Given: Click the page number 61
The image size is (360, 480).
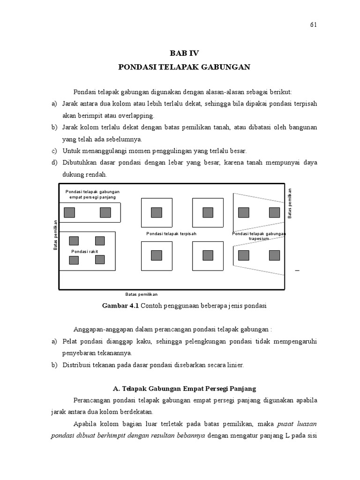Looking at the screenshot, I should tap(314, 25).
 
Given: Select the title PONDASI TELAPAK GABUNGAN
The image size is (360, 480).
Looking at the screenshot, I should tap(184, 67).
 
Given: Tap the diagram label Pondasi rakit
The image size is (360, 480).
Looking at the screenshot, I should tap(84, 252).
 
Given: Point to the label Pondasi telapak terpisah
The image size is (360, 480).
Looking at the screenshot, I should tap(171, 233).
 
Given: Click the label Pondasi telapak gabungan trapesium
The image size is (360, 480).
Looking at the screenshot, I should tap(259, 236).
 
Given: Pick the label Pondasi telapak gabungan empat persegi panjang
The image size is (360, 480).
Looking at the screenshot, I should tap(92, 194).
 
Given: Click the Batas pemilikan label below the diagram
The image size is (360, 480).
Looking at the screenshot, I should tap(141, 294).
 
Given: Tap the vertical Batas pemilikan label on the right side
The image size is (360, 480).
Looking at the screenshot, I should tap(290, 203).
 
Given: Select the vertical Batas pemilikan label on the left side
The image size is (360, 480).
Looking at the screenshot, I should tap(56, 235).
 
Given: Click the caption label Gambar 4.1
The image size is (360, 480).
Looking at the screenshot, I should tap(120, 306).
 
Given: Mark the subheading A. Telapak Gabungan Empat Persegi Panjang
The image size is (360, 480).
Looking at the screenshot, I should tap(184, 389).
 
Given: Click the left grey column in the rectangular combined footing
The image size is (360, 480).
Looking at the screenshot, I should tap(69, 213).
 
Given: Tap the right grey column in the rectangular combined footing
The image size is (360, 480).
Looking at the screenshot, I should tap(105, 213).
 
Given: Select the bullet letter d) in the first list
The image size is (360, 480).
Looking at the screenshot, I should tap(54, 163).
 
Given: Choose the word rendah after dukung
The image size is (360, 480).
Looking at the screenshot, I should tap(97, 174).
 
